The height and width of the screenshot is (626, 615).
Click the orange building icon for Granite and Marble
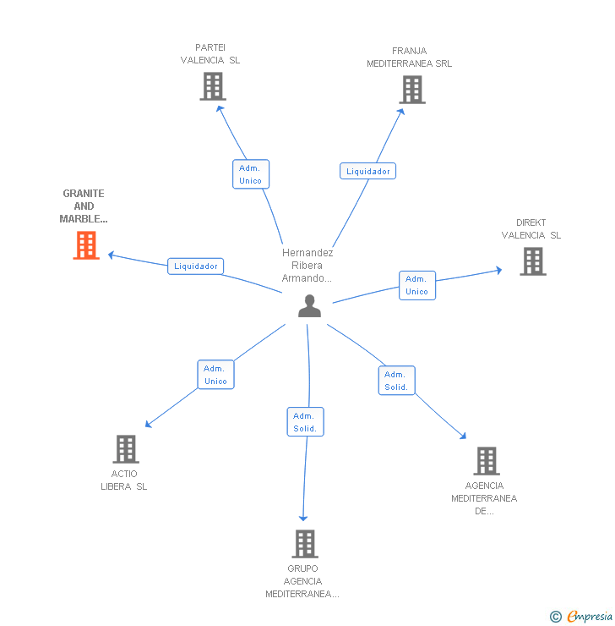coord(86,245)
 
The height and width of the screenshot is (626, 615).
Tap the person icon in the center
coord(310,305)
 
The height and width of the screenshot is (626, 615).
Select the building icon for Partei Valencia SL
coord(213,86)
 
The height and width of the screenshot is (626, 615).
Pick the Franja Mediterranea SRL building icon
coord(412,90)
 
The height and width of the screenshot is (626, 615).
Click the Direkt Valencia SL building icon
coord(533,261)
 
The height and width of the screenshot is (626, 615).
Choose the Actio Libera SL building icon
coord(126,449)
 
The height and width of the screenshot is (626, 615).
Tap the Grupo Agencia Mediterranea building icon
coord(305,543)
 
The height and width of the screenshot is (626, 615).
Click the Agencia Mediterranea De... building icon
coord(487,461)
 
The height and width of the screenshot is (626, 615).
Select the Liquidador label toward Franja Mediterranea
coord(368,171)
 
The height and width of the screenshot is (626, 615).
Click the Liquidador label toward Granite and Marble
coord(196,266)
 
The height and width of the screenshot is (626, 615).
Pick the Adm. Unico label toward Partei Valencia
coord(250,174)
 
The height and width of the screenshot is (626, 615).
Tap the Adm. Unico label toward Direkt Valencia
coord(416,285)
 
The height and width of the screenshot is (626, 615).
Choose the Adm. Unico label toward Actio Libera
coord(215,375)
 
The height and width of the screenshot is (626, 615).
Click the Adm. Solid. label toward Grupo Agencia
coord(305,422)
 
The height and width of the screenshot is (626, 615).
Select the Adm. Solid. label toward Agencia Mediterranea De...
coord(395,381)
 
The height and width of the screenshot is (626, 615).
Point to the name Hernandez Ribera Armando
coord(307,265)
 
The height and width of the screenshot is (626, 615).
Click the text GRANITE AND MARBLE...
coord(84,206)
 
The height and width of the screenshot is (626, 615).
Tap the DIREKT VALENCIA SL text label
coord(531,229)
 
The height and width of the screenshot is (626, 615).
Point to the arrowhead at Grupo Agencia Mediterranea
coord(303,518)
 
